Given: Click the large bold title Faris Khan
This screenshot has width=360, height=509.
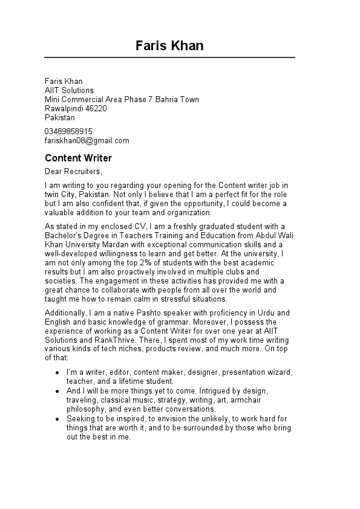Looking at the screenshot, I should point(169,45).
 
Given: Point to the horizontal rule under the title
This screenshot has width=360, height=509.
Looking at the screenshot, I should point(169,57).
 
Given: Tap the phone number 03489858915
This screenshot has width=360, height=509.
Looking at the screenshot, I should point(68,131).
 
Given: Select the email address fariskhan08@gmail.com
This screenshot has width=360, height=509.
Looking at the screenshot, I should point(87,141).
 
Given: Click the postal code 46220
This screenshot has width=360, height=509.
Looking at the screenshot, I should point(96,109).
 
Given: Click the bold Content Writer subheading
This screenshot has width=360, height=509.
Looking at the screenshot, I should point(78,158).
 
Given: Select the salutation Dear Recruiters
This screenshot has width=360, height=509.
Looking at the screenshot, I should point(73,172).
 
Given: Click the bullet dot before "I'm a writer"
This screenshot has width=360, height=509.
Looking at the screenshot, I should point(57,372).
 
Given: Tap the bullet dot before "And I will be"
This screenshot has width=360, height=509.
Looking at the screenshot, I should point(57,391).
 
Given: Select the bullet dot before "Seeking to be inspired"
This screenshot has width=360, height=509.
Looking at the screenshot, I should point(57,419).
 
